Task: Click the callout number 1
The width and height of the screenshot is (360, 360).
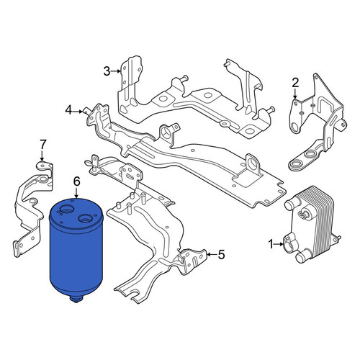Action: pos(271,245)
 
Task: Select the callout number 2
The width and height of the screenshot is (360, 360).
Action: pos(295,83)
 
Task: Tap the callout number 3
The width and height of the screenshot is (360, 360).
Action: pos(107,71)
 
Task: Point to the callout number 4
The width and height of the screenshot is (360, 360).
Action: pos(68,111)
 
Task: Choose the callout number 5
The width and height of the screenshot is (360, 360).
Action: pos(221,254)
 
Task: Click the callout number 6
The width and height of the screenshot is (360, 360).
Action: pos(76,181)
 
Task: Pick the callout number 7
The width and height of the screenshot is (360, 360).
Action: pos(42,145)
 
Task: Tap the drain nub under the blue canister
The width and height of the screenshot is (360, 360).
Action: pos(76,300)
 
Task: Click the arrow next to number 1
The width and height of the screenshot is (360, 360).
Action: pos(279,244)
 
